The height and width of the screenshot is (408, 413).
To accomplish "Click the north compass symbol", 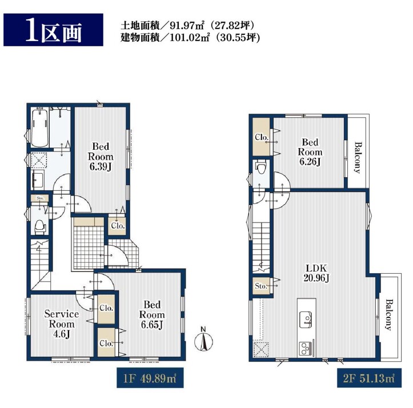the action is [x=203, y=340].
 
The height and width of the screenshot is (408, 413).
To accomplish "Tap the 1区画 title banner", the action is [x=53, y=30].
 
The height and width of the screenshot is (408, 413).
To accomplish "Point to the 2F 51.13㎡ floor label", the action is [x=369, y=378].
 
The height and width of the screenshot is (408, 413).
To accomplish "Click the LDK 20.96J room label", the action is [x=316, y=273].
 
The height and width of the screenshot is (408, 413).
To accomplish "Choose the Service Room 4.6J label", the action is [x=62, y=324].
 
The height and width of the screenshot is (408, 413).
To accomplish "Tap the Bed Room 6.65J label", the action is [x=152, y=314].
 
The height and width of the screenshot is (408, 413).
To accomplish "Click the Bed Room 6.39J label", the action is [x=101, y=157].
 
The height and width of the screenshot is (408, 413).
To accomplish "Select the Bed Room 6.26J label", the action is [x=310, y=152].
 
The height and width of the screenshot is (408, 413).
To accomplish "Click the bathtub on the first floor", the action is [x=40, y=127].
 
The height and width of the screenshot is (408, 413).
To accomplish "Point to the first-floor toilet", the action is [x=41, y=227].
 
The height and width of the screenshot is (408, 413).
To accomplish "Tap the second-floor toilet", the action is [x=261, y=167].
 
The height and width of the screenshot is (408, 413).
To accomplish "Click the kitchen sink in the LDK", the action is [x=306, y=319].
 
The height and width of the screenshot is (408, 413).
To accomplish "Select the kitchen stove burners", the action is [x=306, y=349].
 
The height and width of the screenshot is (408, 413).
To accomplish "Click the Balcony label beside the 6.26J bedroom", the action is [x=358, y=158].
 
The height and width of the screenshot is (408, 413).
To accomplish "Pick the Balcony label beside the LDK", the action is [x=389, y=314].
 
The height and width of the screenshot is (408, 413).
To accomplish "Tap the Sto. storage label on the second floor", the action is [x=261, y=286].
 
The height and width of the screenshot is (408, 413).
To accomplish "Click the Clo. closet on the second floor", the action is [x=262, y=137].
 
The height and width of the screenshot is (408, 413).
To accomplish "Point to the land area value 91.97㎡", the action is [x=189, y=25].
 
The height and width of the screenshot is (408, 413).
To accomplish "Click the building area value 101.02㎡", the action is [x=190, y=38].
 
